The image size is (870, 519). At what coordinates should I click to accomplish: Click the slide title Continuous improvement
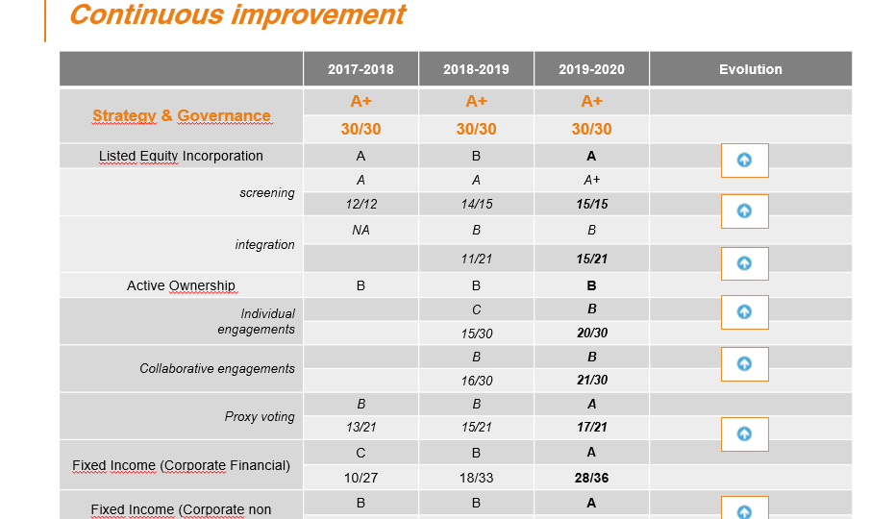pos(238,15)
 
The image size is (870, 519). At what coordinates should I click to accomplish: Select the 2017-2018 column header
pos(360,69)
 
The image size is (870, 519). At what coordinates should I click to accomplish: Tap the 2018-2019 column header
pos(476,69)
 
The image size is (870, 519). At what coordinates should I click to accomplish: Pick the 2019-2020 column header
pos(591,69)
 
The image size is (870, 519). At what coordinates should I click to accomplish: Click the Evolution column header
pos(751,69)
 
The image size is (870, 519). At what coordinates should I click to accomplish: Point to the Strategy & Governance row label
pos(182,115)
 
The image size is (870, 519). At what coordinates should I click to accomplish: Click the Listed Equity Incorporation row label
pos(181,156)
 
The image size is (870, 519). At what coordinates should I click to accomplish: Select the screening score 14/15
pos(476,204)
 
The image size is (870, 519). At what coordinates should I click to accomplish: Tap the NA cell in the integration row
pos(360,230)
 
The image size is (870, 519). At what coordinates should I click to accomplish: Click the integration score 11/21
pos(476,259)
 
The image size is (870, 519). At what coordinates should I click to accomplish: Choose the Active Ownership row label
pos(181,285)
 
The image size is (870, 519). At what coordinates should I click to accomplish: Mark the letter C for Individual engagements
pos(476,309)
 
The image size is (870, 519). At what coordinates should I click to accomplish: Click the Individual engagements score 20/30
pos(592,333)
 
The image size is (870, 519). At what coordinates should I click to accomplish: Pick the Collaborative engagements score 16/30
pos(476,381)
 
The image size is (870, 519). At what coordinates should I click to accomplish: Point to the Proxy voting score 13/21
pos(360,427)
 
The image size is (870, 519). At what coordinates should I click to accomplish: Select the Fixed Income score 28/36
pos(591,478)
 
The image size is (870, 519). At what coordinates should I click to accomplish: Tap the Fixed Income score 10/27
pos(360,478)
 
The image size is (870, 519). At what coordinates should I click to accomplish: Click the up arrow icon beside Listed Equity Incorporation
pos(745,161)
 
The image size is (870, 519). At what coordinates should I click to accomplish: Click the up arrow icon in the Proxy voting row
pos(745,434)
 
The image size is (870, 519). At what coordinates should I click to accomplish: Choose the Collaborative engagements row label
pos(217,369)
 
